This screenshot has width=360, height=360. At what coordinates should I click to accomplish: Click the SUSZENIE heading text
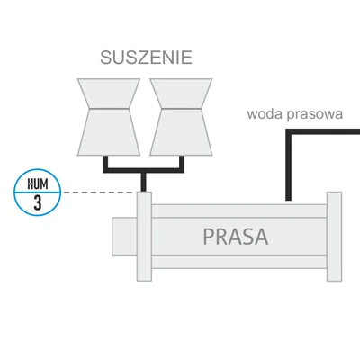(147, 59)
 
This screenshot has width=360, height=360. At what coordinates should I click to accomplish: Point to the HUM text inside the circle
(38, 183)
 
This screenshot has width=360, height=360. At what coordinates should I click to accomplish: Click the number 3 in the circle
(38, 202)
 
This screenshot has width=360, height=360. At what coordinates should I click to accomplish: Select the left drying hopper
(109, 117)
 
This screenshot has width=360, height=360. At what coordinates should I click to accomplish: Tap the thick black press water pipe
(289, 166)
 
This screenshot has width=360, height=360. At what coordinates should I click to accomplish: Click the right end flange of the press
(334, 236)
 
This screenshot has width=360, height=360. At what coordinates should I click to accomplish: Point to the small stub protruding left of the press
(123, 236)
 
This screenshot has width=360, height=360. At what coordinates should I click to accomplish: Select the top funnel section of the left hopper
(109, 93)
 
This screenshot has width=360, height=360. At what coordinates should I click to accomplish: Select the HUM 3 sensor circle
(38, 192)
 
